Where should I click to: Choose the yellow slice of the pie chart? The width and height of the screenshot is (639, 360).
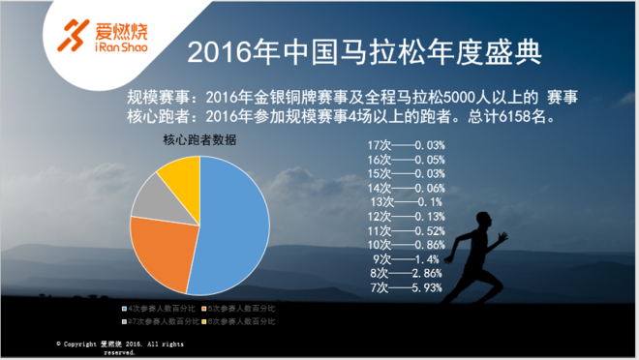pyautogui.click(x=179, y=171)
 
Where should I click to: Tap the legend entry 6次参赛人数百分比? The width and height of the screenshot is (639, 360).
pyautogui.click(x=239, y=318)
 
